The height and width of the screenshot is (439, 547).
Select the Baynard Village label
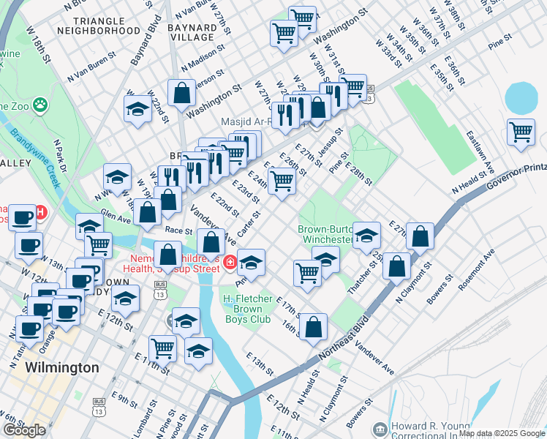click(x=192, y=31)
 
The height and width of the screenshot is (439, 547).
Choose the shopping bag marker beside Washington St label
click(x=181, y=93)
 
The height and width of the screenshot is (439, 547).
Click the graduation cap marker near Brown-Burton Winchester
click(x=367, y=235)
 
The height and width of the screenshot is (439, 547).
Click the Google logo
click(x=24, y=430)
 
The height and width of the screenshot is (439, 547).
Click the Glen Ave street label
click(x=116, y=216)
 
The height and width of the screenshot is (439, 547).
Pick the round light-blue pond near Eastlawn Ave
click(x=520, y=97)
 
